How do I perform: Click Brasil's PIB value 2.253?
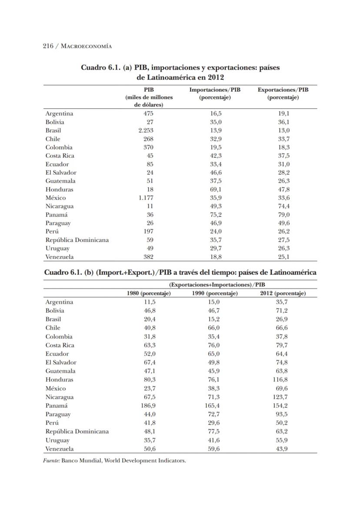coord(146,130)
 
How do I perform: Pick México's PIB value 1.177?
coord(146,198)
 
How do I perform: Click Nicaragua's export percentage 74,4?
coord(284,206)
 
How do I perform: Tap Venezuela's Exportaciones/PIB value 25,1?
coord(284,257)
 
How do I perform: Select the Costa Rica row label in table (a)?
coord(60,156)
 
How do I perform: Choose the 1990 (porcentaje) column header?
coord(215,294)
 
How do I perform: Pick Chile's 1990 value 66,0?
coord(215,328)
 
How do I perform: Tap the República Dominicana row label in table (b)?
coord(77,431)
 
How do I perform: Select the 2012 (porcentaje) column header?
coord(283,294)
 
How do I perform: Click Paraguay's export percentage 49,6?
coord(284,223)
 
